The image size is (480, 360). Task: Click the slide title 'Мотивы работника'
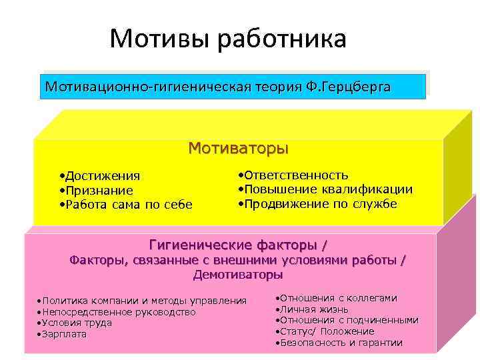228,39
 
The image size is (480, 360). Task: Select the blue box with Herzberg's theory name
232,87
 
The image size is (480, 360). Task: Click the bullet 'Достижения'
100,176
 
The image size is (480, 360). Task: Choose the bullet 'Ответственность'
293,175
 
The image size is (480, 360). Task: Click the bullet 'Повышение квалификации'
325,189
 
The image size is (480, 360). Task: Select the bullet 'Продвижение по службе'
318,203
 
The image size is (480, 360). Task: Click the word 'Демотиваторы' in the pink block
237,274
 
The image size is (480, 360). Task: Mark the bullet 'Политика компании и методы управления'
142,301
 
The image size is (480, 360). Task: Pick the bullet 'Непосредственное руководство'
117,312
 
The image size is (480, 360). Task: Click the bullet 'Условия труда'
75,323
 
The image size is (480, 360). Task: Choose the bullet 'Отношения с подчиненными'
347,320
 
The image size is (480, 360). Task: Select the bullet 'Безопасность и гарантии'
339,343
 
